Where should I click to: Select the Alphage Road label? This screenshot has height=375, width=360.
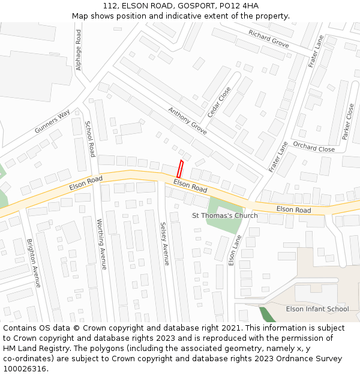[79, 50]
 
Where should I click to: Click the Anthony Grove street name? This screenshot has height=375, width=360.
[187, 121]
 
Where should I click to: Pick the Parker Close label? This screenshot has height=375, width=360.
[348, 122]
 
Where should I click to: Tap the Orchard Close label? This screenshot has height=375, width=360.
[314, 146]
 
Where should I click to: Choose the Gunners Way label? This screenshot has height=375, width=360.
[52, 122]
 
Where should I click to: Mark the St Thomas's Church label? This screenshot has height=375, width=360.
[224, 215]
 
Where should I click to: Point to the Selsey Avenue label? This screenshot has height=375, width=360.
[164, 244]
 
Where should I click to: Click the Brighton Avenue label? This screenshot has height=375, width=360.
[34, 263]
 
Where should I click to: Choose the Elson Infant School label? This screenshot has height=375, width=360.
[317, 309]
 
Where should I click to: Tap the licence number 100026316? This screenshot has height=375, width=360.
[24, 368]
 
